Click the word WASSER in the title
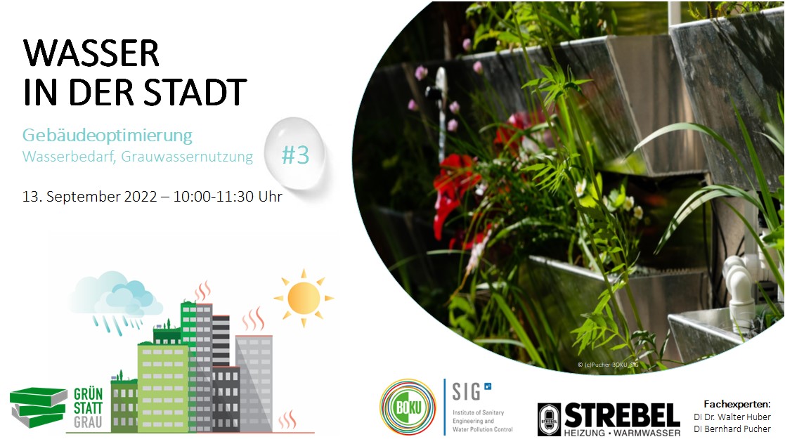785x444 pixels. pos(91,53)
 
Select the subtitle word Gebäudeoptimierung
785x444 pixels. pos(107,134)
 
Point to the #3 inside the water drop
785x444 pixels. pos(295,155)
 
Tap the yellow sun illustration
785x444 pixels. pos(304,298)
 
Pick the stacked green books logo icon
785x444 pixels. pos(39,407)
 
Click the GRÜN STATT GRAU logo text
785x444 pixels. pos(89,407)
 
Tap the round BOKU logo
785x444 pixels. pos(407,407)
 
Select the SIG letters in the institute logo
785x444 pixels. pos(466,391)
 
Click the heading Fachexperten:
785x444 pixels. pos(737,404)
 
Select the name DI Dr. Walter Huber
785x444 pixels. pos(732,417)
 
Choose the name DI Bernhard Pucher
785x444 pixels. pos(732,429)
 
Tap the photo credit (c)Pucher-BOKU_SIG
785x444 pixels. pos(609,364)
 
